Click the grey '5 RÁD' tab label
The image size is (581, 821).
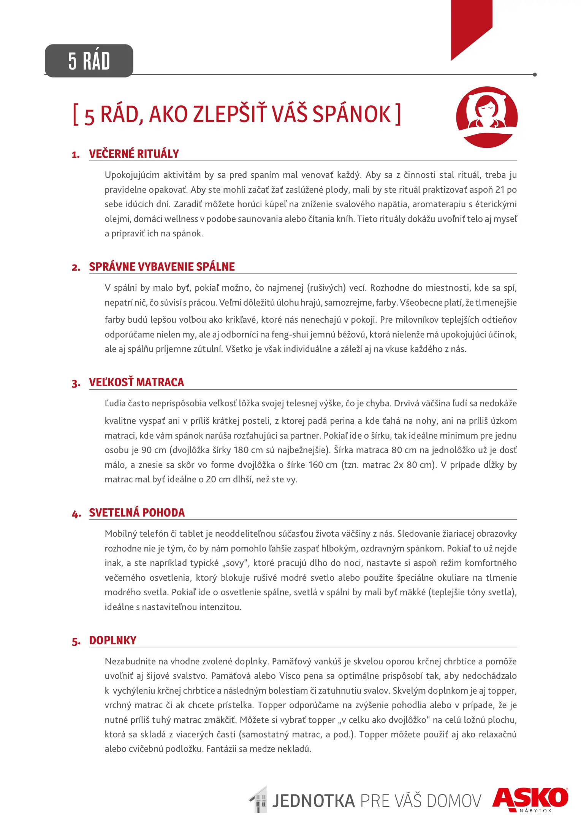click(x=89, y=61)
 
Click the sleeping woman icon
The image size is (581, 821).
click(x=487, y=117)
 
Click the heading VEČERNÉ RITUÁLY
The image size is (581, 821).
click(x=134, y=154)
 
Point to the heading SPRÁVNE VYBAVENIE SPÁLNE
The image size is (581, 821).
click(x=162, y=267)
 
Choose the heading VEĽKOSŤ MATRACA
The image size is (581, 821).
click(x=136, y=382)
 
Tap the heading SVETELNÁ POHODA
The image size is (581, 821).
click(x=137, y=513)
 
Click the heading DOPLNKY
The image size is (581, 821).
click(x=112, y=640)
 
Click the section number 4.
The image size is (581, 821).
click(x=76, y=514)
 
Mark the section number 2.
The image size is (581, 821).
click(x=76, y=268)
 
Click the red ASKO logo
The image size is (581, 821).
click(x=530, y=798)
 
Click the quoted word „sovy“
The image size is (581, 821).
click(x=235, y=563)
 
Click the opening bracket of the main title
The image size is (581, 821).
click(x=76, y=114)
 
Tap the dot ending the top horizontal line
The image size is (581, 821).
click(x=535, y=74)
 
